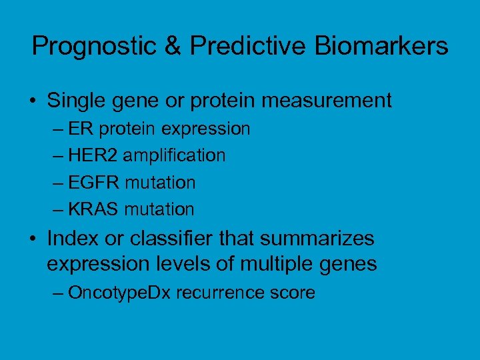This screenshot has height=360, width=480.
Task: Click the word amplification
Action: pos(175,156)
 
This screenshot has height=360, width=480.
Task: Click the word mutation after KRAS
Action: pos(162,210)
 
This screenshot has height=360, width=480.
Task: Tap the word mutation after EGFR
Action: pos(163,183)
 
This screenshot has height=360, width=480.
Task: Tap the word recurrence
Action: pos(216,293)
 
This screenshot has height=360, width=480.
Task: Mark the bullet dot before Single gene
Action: pos(33,102)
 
